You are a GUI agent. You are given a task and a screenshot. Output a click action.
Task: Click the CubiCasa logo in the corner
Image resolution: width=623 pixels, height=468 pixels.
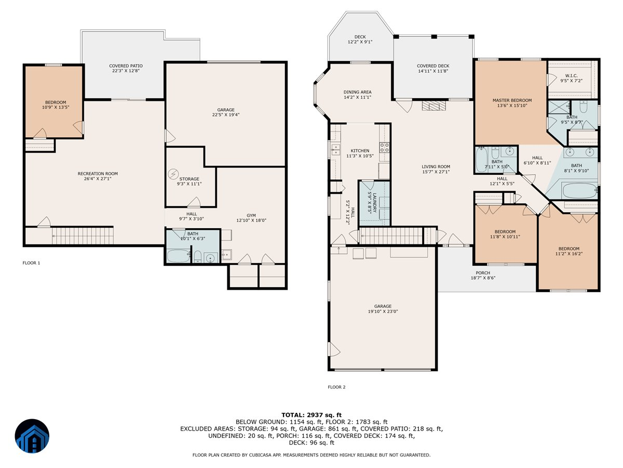pyautogui.click(x=32, y=436)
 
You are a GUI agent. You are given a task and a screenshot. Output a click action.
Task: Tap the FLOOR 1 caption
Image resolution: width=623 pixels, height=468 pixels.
pyautogui.click(x=31, y=263)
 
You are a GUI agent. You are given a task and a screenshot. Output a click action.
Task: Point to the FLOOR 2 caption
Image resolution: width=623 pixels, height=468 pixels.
pyautogui.click(x=336, y=387)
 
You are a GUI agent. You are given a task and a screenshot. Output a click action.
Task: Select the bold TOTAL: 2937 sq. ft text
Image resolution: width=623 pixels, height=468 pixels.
pyautogui.click(x=311, y=415)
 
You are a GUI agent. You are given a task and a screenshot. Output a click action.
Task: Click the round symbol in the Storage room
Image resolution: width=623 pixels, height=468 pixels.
pyautogui.click(x=173, y=174)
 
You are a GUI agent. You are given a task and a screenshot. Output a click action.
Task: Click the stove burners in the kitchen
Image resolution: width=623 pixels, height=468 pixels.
pyautogui.click(x=385, y=147)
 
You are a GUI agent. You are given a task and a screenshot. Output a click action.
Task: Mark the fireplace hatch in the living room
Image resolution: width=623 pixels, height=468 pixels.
pyautogui.click(x=434, y=106)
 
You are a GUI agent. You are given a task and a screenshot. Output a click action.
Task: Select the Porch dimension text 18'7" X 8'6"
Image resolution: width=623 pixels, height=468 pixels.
pyautogui.click(x=483, y=278)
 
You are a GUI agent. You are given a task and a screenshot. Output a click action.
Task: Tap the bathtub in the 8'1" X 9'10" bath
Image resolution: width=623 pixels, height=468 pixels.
pyautogui.click(x=580, y=191)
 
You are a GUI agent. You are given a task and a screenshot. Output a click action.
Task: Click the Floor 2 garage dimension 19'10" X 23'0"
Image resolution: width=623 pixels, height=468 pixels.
pyautogui.click(x=383, y=311)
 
